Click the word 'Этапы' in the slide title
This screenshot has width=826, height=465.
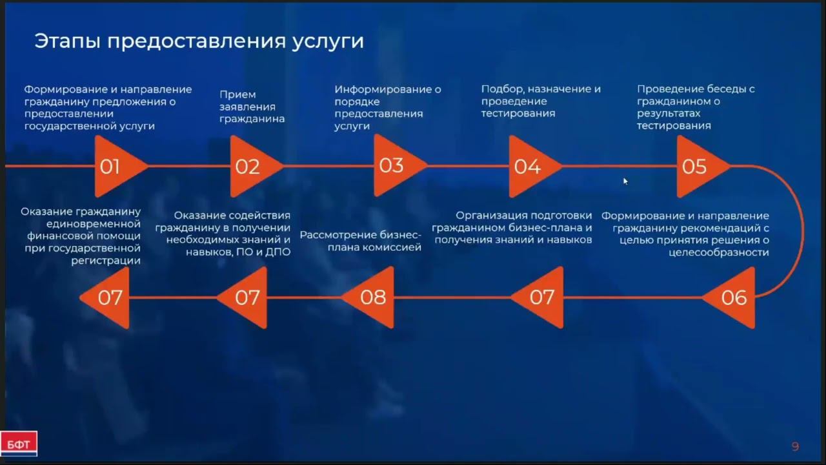coord(66,41)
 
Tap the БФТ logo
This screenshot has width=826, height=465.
coord(19,444)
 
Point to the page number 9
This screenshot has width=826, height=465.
coord(795,446)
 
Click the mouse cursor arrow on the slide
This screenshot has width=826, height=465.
coord(625,181)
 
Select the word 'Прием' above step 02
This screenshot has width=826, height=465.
coord(238,94)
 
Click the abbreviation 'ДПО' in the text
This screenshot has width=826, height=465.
coord(277,252)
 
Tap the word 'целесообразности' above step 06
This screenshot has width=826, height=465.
coord(718,253)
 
